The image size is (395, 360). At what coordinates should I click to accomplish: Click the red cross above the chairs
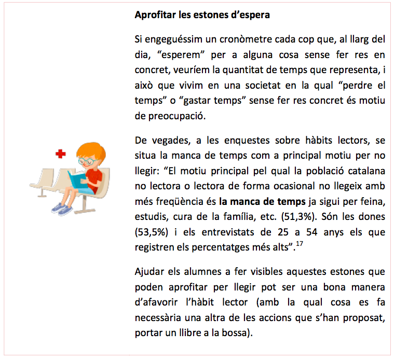coord(61,154)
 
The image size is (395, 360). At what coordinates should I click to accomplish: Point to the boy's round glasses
coord(88,161)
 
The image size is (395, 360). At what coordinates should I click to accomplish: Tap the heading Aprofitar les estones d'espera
coord(202,15)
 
